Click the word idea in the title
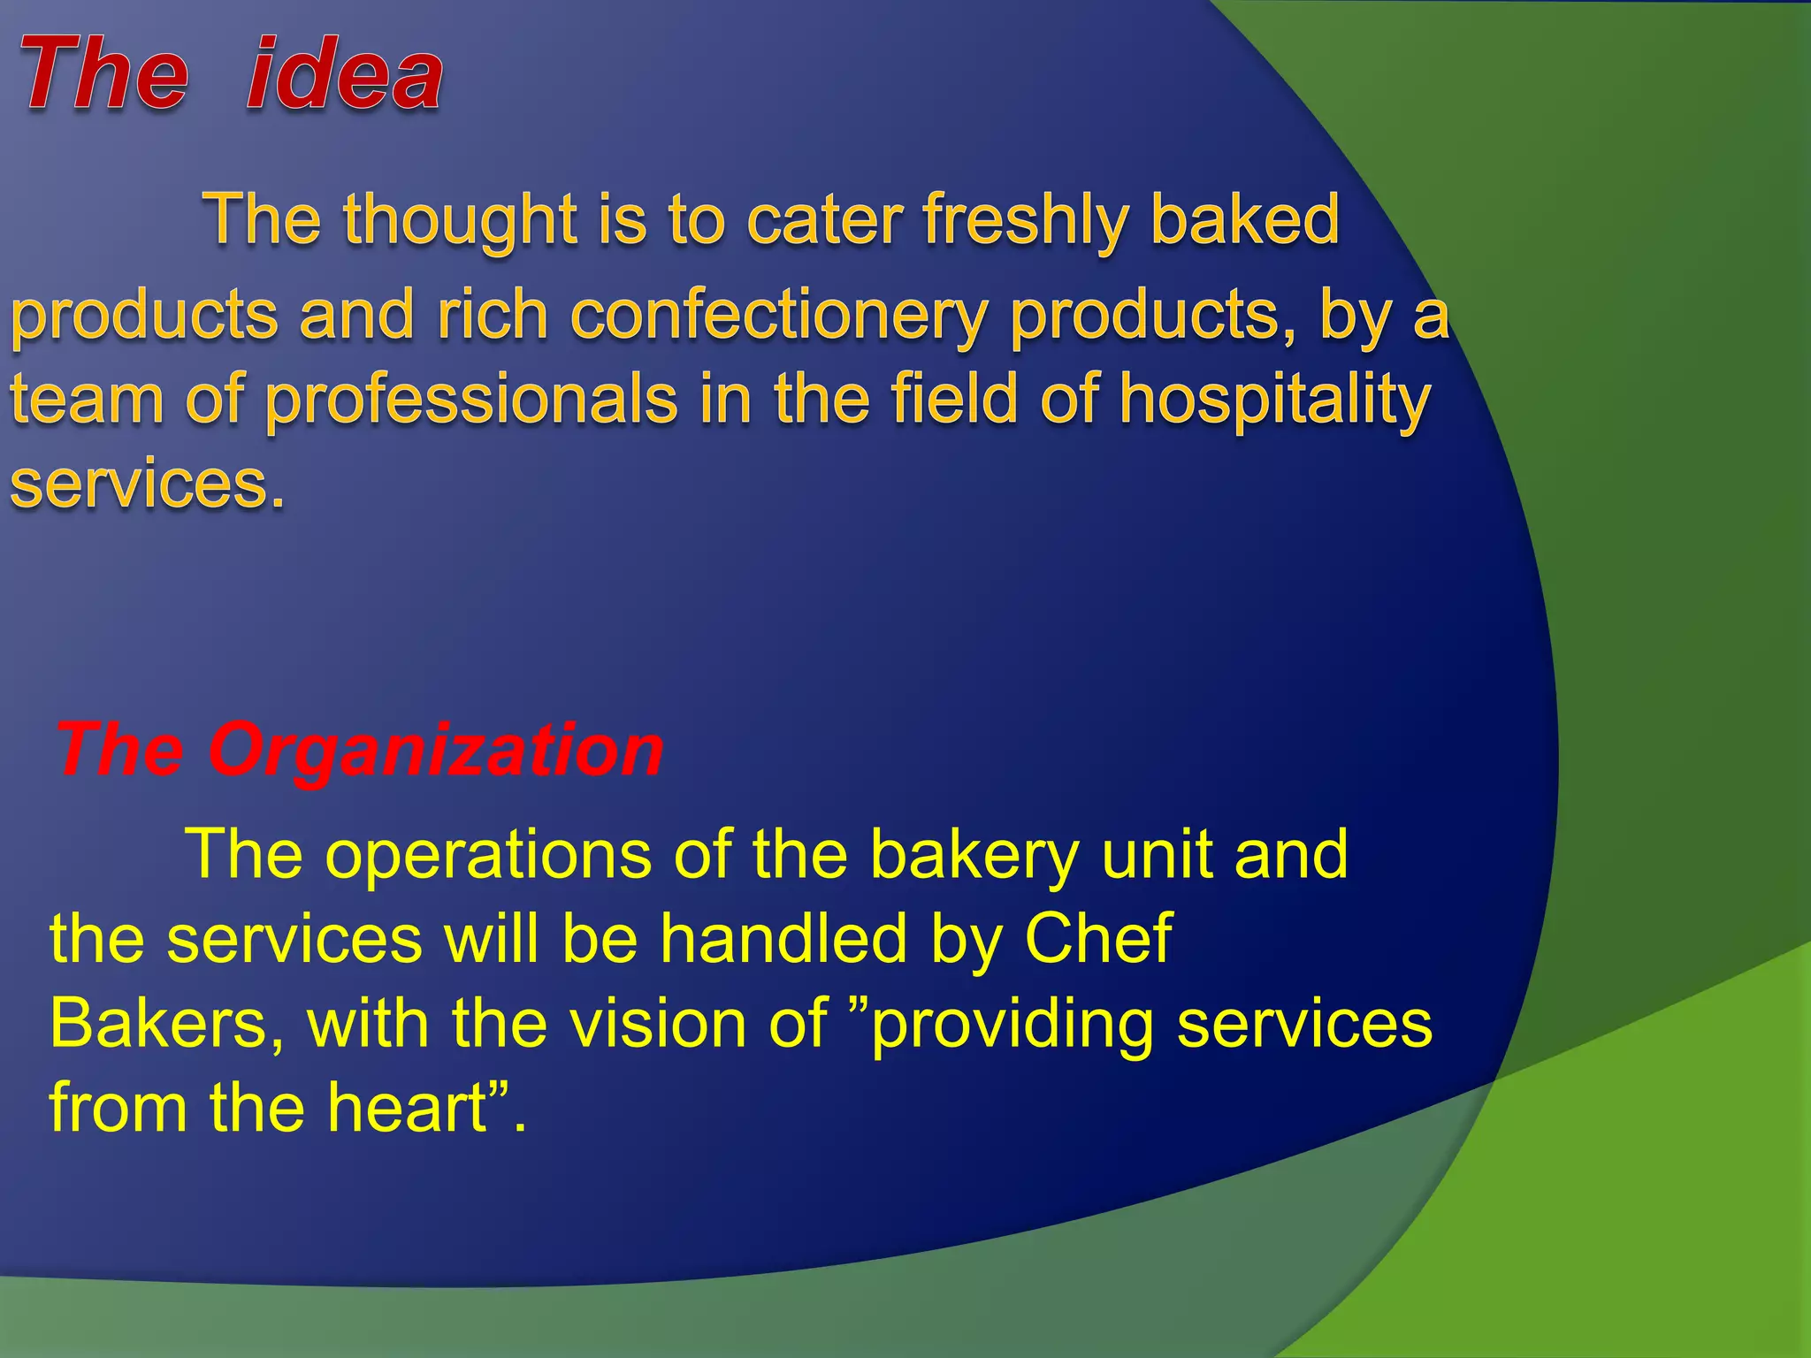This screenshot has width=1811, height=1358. tap(345, 75)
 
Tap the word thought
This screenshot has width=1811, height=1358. tap(460, 221)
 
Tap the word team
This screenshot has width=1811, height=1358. tap(88, 399)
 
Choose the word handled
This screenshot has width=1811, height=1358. tap(783, 938)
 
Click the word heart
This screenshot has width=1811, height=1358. tap(408, 1108)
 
